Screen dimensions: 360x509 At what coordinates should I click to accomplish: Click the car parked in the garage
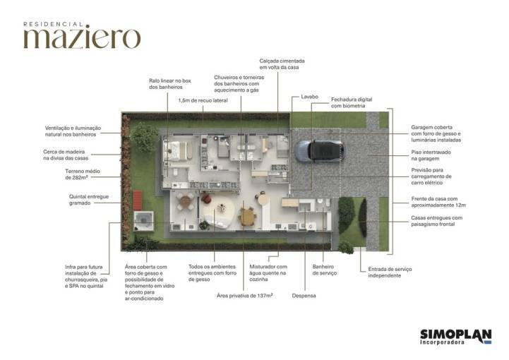coord(319,150)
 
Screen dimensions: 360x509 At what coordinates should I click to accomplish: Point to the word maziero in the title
coord(82,38)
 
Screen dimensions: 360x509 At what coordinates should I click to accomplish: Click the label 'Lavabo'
coord(309,97)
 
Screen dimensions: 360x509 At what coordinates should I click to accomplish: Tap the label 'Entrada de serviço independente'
coord(390,272)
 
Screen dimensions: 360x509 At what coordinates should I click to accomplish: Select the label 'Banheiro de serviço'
coord(324,270)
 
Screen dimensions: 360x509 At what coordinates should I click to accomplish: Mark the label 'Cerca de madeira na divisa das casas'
coord(70,155)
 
